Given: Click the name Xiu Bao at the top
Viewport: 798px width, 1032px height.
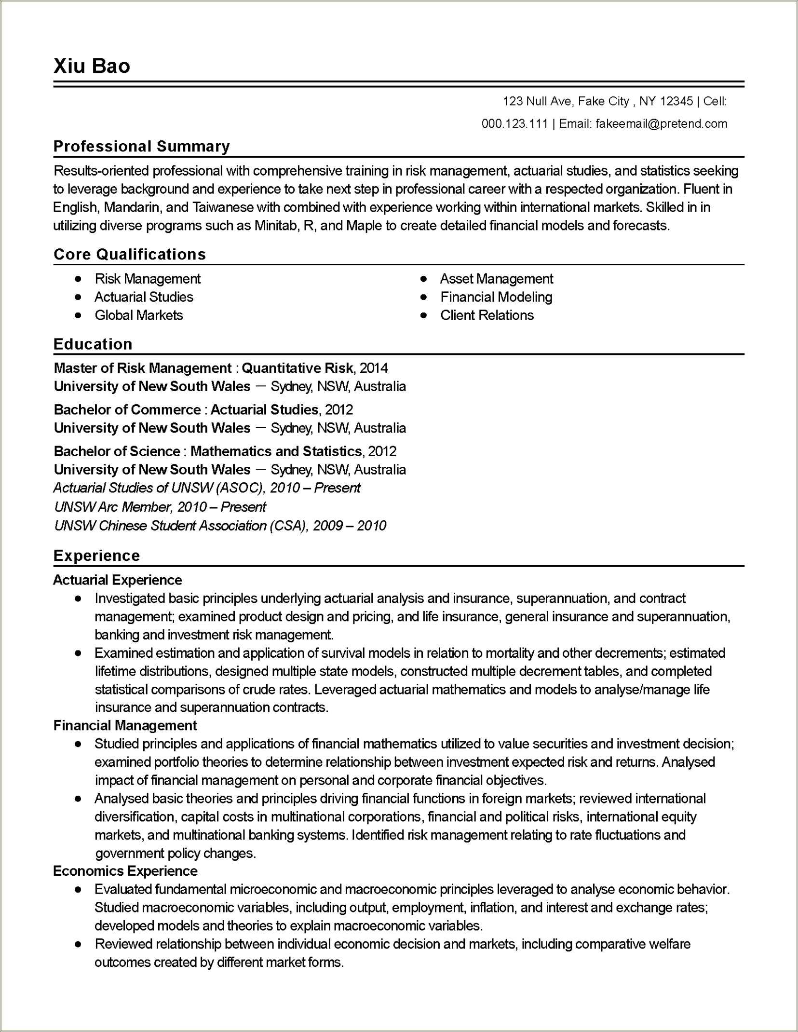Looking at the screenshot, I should click(x=92, y=66).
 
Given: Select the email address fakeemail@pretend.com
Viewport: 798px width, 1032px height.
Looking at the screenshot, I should click(x=661, y=124).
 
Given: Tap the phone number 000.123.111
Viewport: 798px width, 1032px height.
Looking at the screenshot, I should click(x=514, y=124).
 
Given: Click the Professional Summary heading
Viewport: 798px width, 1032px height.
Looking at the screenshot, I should click(x=141, y=146).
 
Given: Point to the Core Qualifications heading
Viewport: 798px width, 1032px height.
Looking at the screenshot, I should click(x=130, y=254).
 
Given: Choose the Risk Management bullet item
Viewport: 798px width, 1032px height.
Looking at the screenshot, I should click(x=147, y=279).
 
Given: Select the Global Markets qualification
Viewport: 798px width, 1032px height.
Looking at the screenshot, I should click(x=139, y=315).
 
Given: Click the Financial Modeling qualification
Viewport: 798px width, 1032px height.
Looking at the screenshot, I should click(x=496, y=297).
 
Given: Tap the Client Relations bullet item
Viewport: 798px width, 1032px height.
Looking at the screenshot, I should click(x=487, y=315).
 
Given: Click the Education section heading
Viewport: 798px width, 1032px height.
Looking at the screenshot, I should click(x=93, y=344).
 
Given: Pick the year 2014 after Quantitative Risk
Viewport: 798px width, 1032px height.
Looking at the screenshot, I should click(x=374, y=368).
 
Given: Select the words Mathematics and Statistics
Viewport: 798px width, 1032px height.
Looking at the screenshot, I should click(x=276, y=451).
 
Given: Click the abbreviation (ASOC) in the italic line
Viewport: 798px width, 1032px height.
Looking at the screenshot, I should click(x=240, y=488).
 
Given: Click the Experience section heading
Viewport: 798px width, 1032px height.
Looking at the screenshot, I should click(x=96, y=556).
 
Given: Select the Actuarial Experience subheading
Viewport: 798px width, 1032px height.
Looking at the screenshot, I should click(x=118, y=580).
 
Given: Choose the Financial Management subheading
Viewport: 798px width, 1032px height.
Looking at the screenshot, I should click(x=125, y=725).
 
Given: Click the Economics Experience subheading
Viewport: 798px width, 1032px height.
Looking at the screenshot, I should click(x=125, y=871).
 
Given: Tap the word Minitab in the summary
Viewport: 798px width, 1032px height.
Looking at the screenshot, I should click(x=276, y=226).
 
